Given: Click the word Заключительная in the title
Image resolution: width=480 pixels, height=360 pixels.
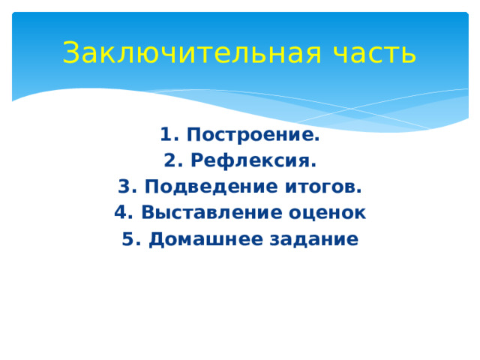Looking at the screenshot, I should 187,53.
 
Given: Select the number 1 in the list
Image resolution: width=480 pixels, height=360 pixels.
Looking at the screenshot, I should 166,135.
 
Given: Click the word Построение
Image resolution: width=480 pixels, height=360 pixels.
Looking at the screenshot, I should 252,135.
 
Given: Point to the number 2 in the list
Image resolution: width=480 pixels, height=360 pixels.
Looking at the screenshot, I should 169,161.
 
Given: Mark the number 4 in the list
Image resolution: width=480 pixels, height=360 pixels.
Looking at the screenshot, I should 121,213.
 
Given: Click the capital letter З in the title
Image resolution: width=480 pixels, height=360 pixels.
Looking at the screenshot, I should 70,53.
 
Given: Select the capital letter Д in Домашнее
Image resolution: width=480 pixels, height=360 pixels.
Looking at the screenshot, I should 156,239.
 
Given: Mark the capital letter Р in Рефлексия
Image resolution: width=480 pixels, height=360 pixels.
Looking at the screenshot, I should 196,161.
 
